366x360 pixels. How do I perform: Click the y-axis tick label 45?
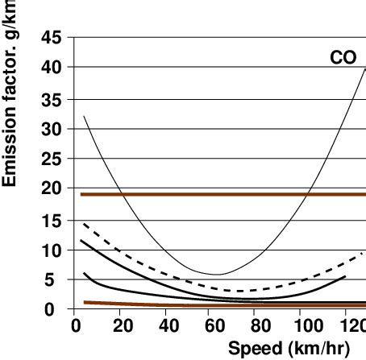tap(51, 38)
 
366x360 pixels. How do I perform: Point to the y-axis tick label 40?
tap(51, 68)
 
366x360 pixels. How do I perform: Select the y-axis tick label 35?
tap(51, 98)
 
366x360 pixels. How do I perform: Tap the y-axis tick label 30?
tap(51, 129)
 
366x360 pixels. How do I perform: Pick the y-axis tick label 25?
tap(51, 159)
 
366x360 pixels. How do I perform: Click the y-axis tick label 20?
tap(51, 189)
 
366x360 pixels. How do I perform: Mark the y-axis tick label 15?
tap(51, 219)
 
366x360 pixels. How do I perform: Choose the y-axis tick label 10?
tap(51, 250)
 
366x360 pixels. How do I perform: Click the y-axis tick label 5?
tap(56, 279)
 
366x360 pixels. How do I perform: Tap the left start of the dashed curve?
tap(83, 223)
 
